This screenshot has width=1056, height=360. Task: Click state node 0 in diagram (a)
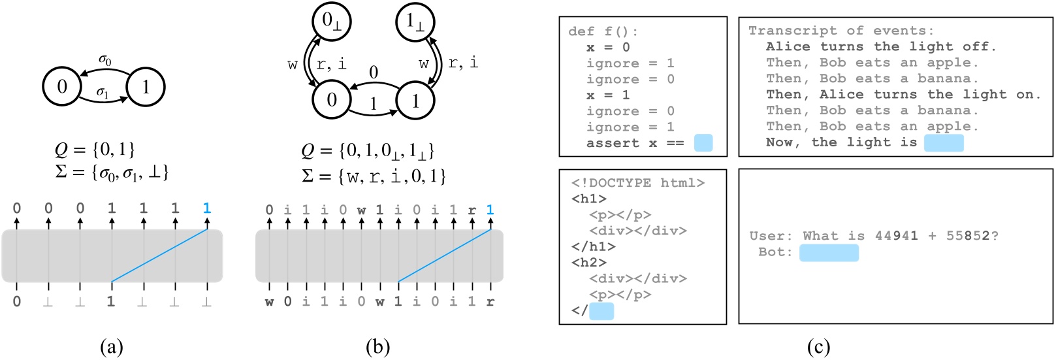coord(62,87)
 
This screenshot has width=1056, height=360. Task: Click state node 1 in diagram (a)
coord(145,87)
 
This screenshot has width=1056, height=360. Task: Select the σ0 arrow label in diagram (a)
coord(104,61)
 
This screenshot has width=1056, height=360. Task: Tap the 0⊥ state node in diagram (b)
coord(332,22)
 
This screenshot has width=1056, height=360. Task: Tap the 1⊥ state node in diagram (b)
coord(415,22)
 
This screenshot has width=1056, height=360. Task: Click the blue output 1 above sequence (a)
coord(207,208)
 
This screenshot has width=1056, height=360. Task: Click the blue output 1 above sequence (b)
coord(490,210)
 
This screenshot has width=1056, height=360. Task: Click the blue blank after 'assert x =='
coord(703,143)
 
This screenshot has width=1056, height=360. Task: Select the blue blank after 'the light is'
coord(944,142)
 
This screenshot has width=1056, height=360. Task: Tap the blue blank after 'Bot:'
coord(829,252)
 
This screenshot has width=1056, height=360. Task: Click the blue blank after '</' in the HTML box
coord(601,311)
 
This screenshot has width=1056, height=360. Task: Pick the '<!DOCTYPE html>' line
coord(637,183)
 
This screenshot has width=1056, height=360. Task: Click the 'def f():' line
coord(603,31)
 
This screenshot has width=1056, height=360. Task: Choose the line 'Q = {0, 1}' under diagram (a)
coord(95,150)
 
